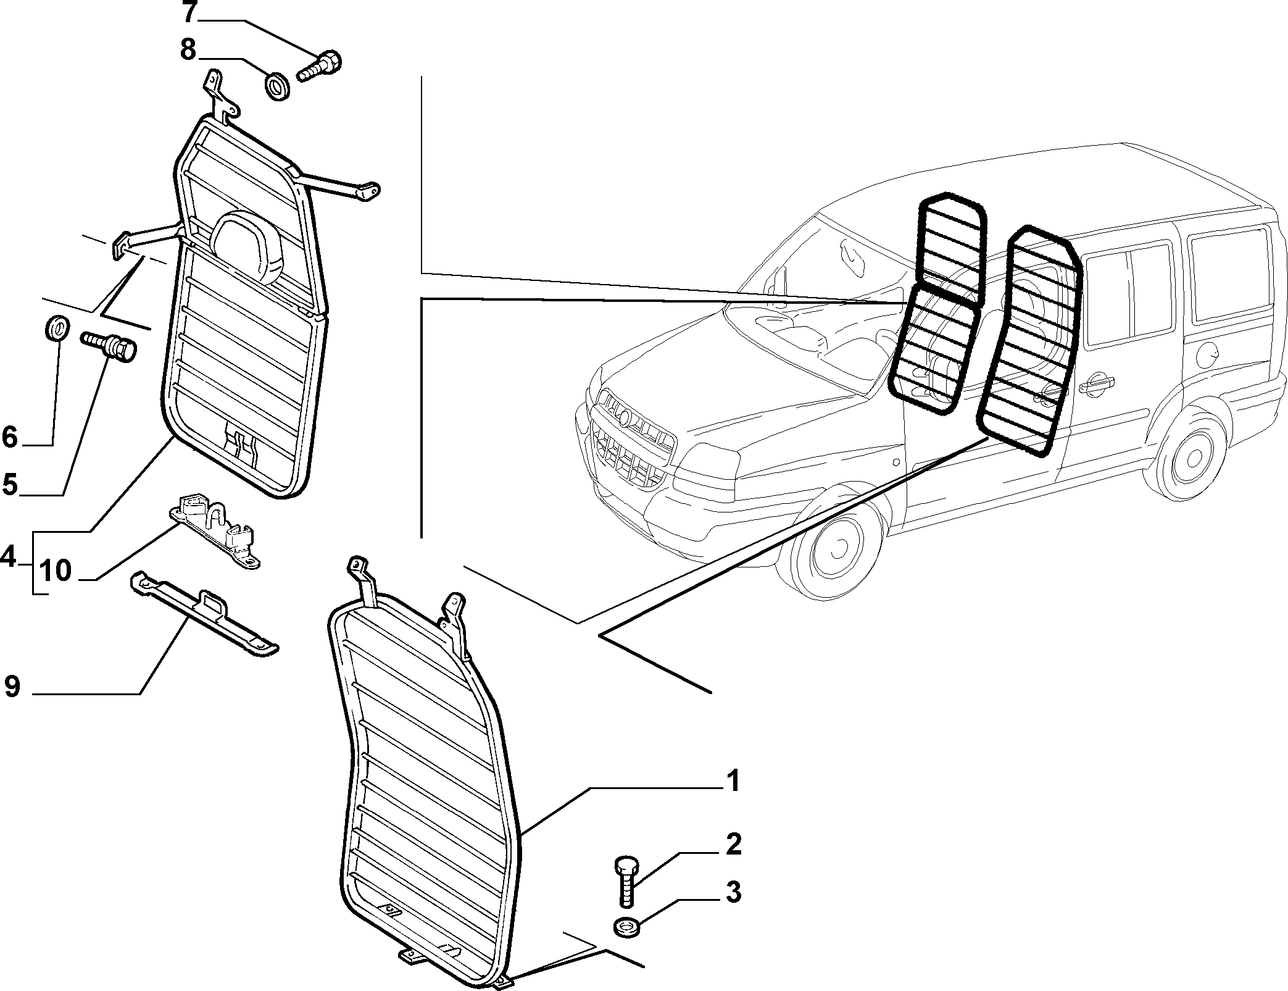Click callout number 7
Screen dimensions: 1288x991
point(189,11)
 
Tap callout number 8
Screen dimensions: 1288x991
point(188,49)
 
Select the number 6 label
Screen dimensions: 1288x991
point(10,437)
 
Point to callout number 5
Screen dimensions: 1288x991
point(10,485)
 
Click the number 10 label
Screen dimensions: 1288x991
point(56,571)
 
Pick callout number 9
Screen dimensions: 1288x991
point(12,686)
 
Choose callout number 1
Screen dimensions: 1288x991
point(733,781)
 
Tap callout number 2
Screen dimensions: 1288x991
point(733,845)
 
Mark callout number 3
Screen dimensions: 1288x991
point(733,892)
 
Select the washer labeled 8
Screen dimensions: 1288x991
point(278,86)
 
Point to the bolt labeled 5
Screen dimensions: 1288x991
point(109,345)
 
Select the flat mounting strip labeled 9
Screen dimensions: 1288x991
point(204,613)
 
